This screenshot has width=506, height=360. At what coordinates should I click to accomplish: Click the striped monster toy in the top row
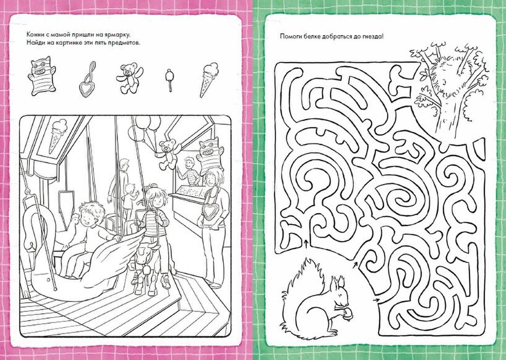pos(42,77)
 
